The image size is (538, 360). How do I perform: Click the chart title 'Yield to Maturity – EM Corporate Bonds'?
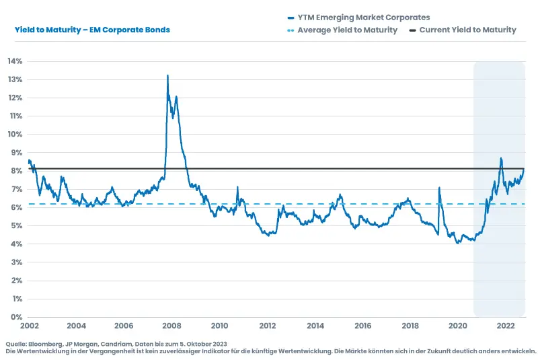[x=92, y=30]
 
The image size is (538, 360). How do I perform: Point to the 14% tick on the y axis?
[x=15, y=61]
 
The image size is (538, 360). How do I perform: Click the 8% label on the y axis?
[x=16, y=171]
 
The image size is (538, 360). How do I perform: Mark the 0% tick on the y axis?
[x=16, y=317]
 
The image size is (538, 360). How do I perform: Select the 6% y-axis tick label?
[x=16, y=207]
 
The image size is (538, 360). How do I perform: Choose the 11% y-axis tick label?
[x=15, y=116]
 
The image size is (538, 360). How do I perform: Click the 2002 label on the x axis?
[x=28, y=326]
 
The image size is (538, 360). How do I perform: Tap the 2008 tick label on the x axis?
[x=171, y=326]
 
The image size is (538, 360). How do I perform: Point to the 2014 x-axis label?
[x=315, y=326]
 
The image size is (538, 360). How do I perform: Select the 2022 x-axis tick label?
[x=506, y=326]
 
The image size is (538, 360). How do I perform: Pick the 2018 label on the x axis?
[x=411, y=326]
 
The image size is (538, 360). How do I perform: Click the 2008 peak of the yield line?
[x=167, y=75]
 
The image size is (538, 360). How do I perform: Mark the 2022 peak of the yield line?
[x=501, y=158]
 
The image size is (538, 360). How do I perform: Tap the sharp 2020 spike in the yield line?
[x=439, y=188]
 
